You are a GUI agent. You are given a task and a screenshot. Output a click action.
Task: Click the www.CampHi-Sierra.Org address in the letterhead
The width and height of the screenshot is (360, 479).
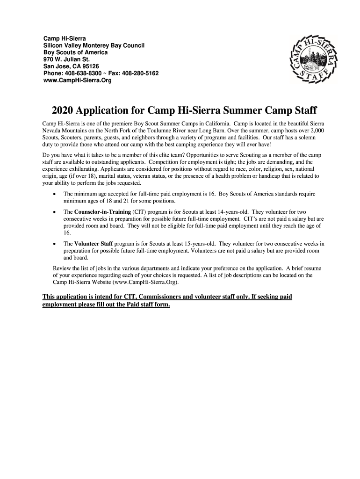click(x=78, y=80)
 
